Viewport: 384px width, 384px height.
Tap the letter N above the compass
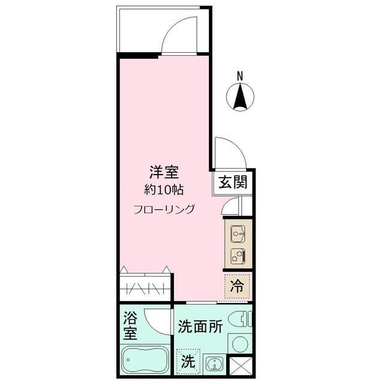[240, 76]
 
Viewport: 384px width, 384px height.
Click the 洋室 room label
[164, 173]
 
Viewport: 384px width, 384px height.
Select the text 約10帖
[164, 190]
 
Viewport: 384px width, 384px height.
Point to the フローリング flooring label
[164, 209]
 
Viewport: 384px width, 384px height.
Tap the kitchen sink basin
[238, 232]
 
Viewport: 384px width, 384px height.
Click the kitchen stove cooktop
[238, 256]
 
